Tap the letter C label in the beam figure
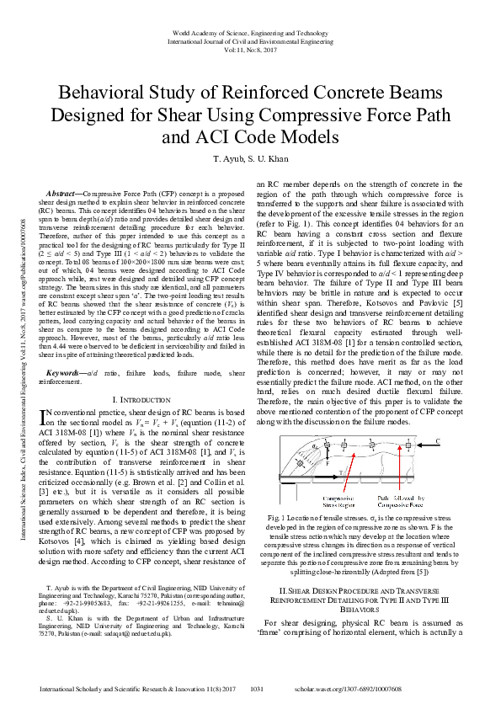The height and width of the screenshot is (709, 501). click(x=439, y=440)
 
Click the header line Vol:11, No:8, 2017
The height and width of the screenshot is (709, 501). click(x=249, y=50)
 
